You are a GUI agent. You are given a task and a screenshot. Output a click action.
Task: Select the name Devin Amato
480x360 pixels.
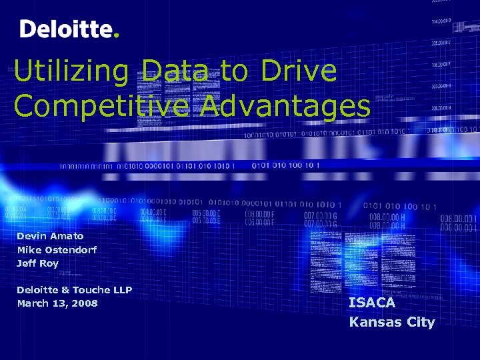[50, 236]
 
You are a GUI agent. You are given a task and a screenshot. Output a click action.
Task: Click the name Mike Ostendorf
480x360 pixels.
[57, 249]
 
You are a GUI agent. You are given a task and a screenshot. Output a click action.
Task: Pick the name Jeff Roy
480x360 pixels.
[37, 263]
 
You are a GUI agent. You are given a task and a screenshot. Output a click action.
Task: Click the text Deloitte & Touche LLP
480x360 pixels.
[74, 290]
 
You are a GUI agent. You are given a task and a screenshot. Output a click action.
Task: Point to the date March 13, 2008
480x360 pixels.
[57, 303]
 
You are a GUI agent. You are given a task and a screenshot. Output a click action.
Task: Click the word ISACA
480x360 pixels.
[372, 303]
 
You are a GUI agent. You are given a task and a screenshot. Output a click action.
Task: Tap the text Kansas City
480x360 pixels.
[392, 322]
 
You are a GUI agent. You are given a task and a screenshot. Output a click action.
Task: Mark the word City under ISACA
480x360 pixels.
[419, 322]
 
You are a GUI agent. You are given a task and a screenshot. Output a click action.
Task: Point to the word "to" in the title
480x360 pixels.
[233, 72]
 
